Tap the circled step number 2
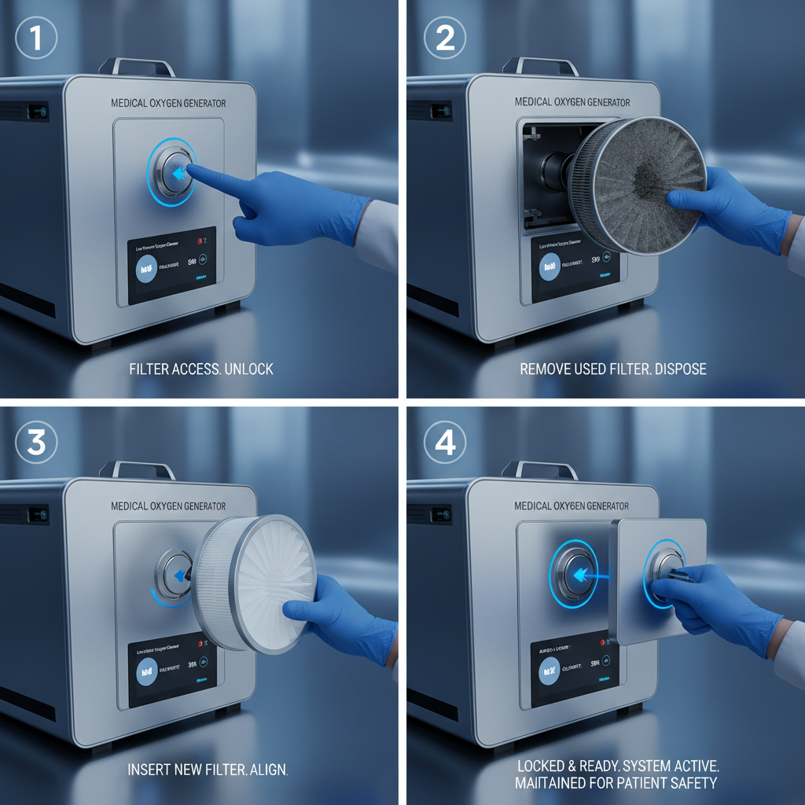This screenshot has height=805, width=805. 445,39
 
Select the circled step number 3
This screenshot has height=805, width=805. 37,443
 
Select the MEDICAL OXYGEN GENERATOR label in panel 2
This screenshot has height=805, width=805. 572,102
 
